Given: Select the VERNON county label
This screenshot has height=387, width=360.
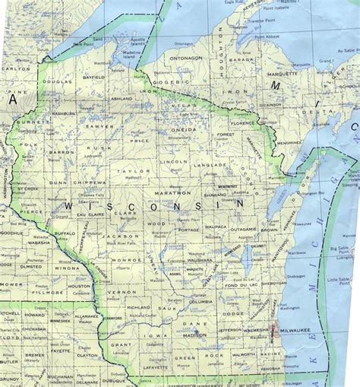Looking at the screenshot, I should (118, 292).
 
